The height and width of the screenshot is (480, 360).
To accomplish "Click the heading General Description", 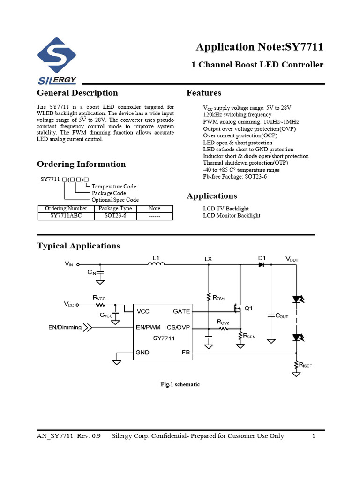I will (77, 93).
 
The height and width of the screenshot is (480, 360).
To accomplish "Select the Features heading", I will (204, 93).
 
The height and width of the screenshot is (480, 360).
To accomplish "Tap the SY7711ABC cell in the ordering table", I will (66, 216).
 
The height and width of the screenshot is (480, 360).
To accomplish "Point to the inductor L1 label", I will (156, 258).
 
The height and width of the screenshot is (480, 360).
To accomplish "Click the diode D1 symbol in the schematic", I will (261, 265).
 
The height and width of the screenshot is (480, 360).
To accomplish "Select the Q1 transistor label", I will (248, 308).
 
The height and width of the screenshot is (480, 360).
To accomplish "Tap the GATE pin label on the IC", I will (181, 311).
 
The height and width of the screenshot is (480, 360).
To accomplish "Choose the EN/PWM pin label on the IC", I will (149, 327).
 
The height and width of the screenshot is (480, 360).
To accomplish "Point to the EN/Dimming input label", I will (65, 327).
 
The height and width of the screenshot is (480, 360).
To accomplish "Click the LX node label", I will (208, 259).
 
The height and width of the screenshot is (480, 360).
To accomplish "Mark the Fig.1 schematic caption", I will (180, 384).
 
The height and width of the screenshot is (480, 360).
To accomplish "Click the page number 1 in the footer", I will (313, 436).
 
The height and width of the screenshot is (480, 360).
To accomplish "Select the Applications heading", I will (211, 196).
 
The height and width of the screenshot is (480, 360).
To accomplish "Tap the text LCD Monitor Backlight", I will (232, 216).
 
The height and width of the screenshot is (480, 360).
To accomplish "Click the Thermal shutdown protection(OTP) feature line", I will (246, 163).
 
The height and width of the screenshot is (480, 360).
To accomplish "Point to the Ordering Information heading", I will (81, 164).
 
